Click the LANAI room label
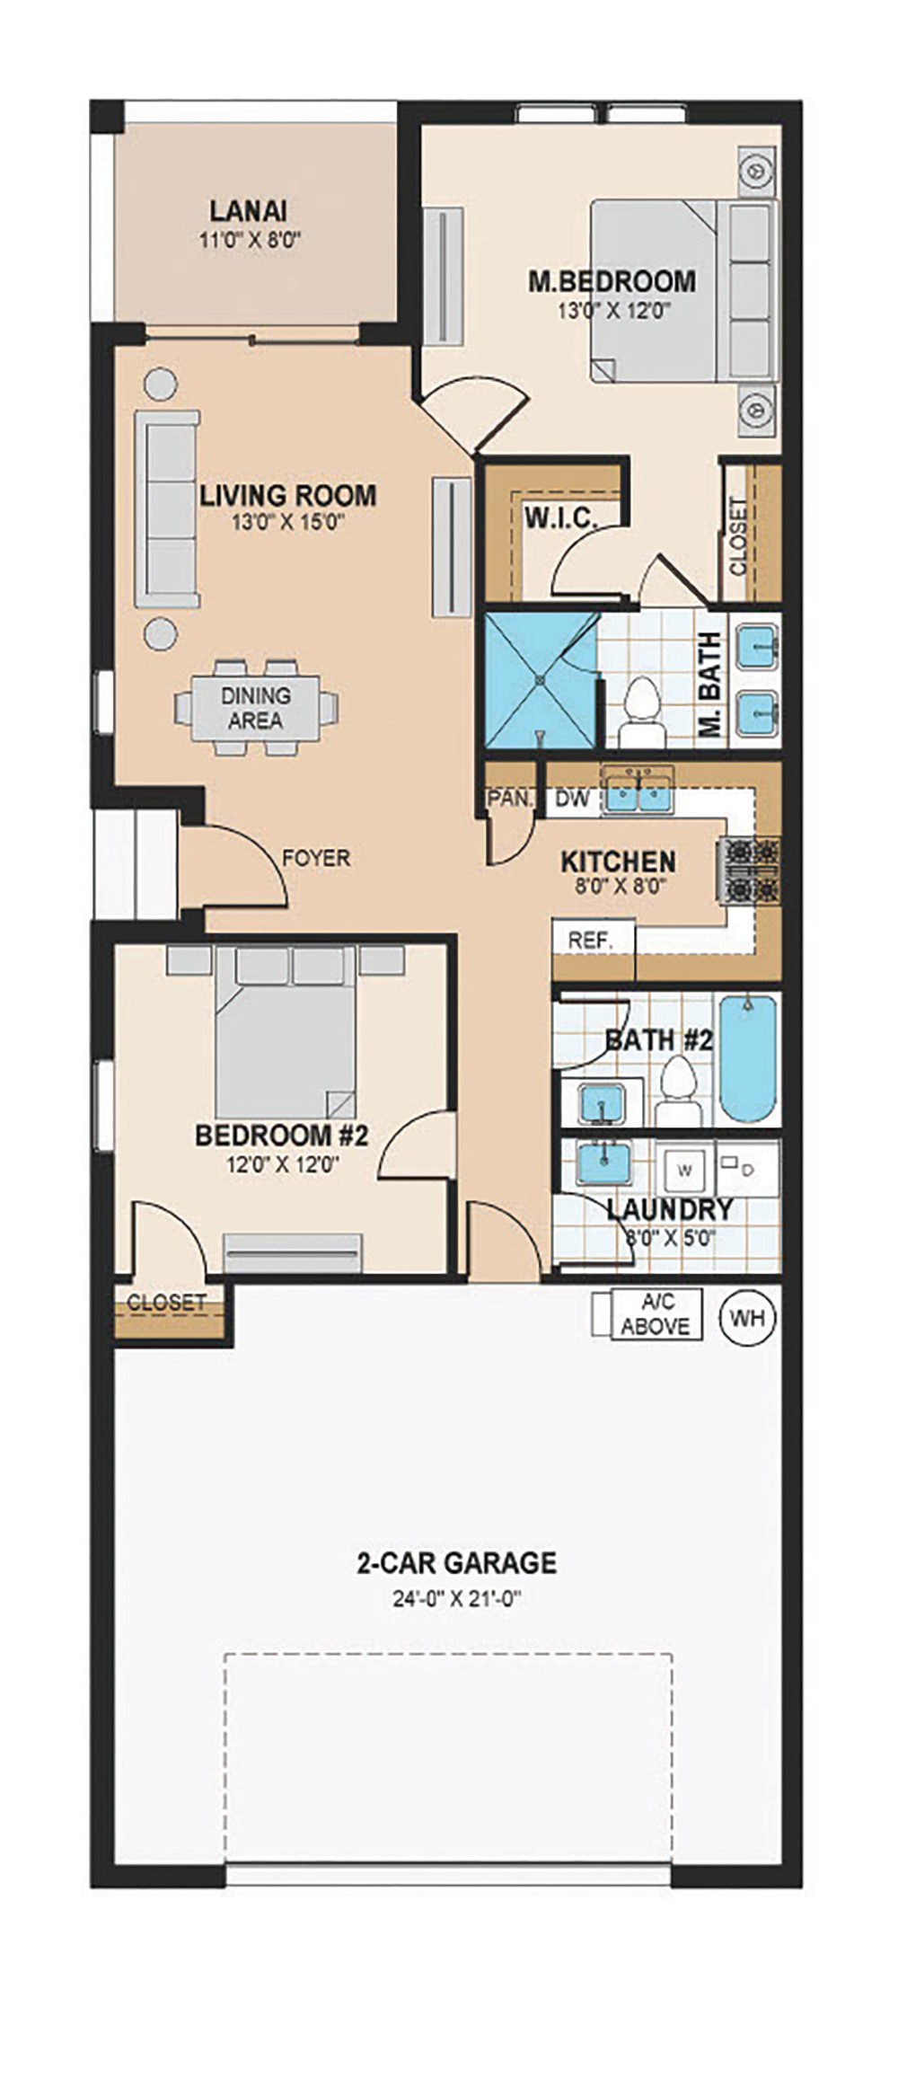pyautogui.click(x=249, y=211)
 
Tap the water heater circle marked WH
pyautogui.click(x=748, y=1318)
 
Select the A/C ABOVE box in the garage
pyautogui.click(x=656, y=1314)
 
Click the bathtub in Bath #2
pyautogui.click(x=747, y=1058)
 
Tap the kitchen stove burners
pyautogui.click(x=747, y=870)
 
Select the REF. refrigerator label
pyautogui.click(x=590, y=941)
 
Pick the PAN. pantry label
pyautogui.click(x=511, y=799)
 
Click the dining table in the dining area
pyautogui.click(x=257, y=708)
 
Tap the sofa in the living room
pyautogui.click(x=167, y=509)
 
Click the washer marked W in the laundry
pyautogui.click(x=685, y=1170)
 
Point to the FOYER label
pyautogui.click(x=316, y=858)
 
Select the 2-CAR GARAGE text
pyautogui.click(x=457, y=1563)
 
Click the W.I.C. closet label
pyautogui.click(x=560, y=518)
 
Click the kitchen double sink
pyautogui.click(x=637, y=793)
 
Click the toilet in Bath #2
pyautogui.click(x=678, y=1089)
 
